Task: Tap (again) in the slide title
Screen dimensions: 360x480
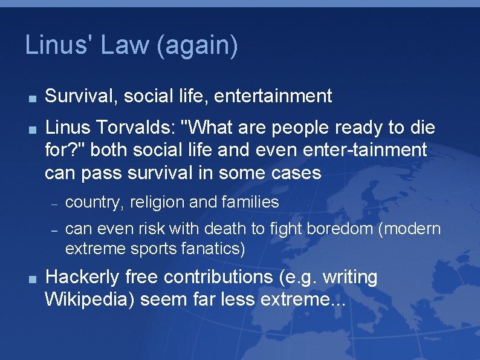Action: click(196, 47)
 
